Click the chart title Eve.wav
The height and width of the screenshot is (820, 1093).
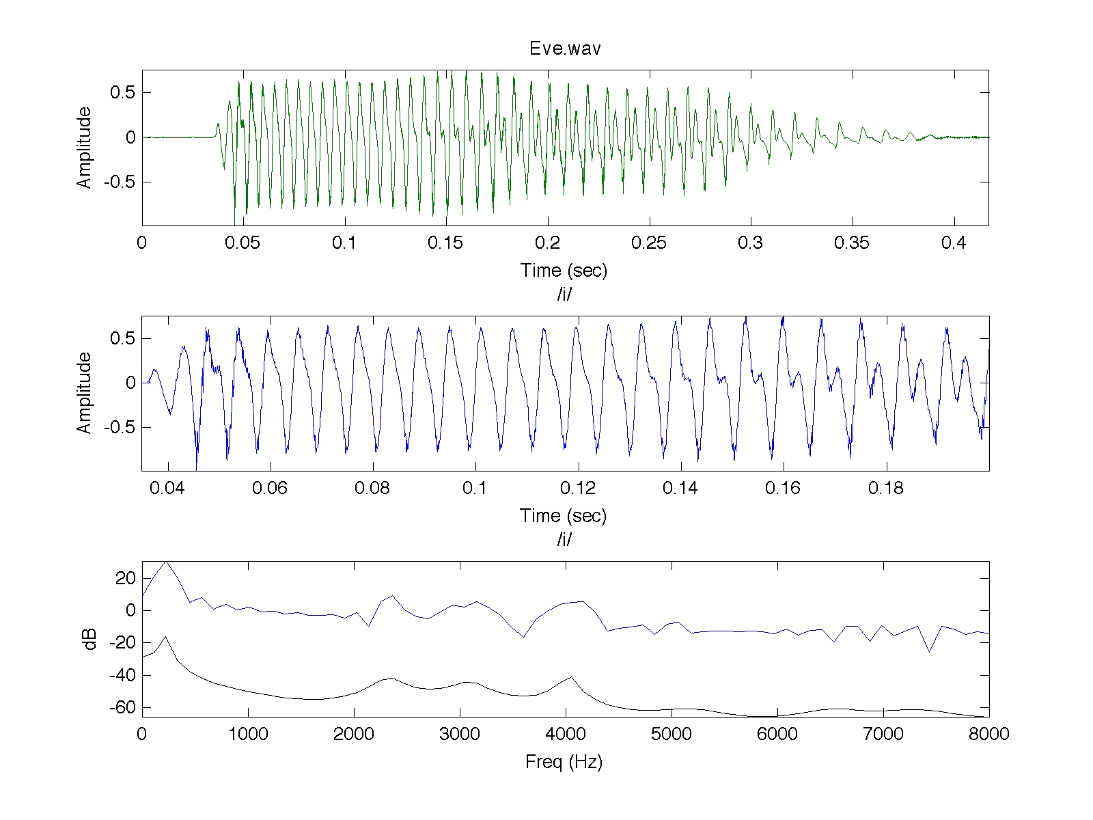click(x=565, y=49)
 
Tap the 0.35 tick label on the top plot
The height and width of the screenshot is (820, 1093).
click(x=851, y=243)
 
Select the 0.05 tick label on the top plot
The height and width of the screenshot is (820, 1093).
click(x=242, y=243)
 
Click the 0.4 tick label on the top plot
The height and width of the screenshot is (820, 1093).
click(x=953, y=243)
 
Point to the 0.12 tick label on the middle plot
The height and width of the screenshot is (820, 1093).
click(x=578, y=488)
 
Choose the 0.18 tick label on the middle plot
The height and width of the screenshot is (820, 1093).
click(x=886, y=488)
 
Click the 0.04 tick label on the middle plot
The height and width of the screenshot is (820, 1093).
click(x=167, y=488)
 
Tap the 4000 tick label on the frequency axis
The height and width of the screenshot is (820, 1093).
click(x=565, y=734)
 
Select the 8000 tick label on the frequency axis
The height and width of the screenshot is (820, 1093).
click(x=989, y=734)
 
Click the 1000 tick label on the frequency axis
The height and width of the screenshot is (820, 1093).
click(x=248, y=734)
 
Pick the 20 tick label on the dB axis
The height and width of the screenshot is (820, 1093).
click(x=125, y=578)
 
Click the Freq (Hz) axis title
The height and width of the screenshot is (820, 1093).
click(x=564, y=762)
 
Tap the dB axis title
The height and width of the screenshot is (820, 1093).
click(x=89, y=640)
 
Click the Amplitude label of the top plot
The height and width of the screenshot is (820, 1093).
click(x=83, y=148)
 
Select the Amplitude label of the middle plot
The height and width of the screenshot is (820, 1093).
click(x=83, y=393)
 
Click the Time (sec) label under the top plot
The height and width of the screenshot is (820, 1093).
click(x=564, y=271)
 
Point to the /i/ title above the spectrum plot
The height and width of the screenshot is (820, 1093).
click(x=564, y=538)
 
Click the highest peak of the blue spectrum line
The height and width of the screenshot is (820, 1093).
click(x=166, y=562)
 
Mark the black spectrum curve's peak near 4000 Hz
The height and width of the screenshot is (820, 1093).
click(x=571, y=677)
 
